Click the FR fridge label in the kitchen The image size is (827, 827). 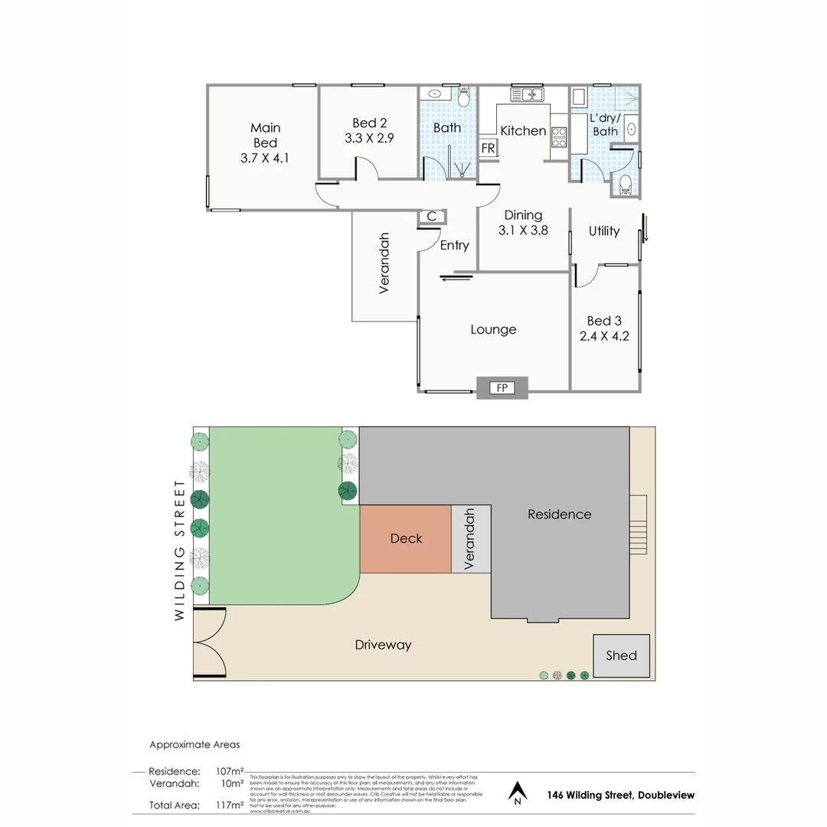tap(488, 149)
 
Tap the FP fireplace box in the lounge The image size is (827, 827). tap(502, 388)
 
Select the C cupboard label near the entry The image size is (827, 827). tap(432, 217)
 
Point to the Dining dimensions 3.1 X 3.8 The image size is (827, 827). tap(523, 230)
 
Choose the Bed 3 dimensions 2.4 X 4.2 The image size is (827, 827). tap(603, 335)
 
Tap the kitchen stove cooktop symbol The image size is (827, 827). tap(558, 136)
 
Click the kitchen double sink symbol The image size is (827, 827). tap(528, 95)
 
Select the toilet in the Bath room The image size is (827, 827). tap(463, 99)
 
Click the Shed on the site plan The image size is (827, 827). tap(621, 655)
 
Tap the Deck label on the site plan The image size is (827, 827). tap(406, 538)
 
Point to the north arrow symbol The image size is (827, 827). tap(518, 793)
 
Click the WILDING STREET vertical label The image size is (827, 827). tap(180, 550)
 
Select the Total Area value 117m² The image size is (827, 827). tap(230, 805)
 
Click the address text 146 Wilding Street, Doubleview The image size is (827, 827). tap(621, 795)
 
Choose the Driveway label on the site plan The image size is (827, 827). tap(383, 645)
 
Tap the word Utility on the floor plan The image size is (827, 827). tap(604, 230)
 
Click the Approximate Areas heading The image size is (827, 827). tap(194, 744)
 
